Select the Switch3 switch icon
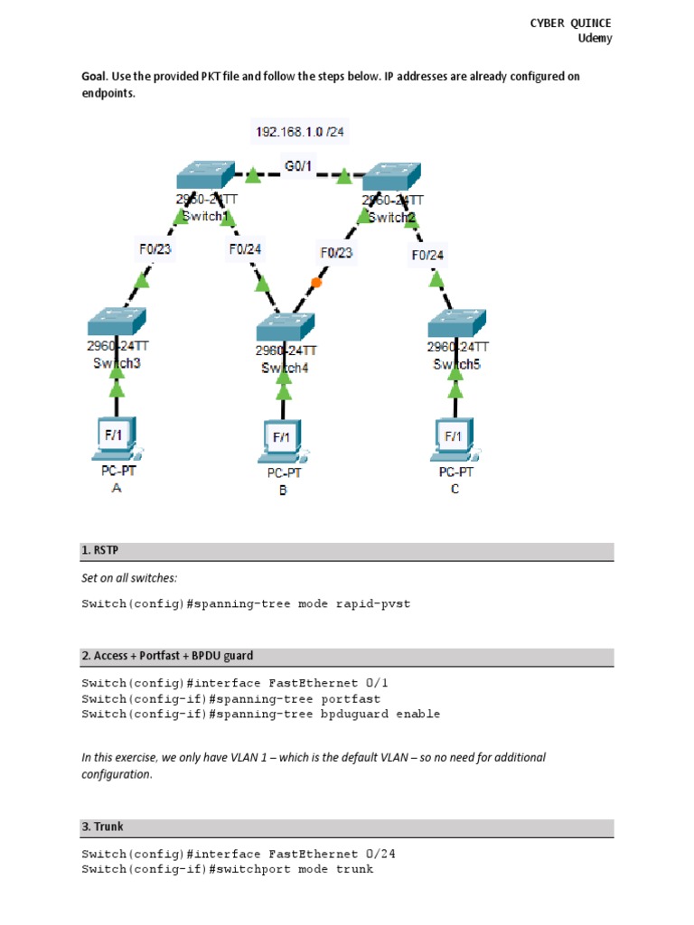(x=117, y=322)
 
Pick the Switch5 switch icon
(x=456, y=322)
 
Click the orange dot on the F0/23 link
(x=315, y=282)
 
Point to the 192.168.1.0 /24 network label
(x=299, y=132)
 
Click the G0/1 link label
(x=299, y=166)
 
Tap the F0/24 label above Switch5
(x=427, y=255)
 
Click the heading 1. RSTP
(x=100, y=550)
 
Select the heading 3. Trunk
(x=102, y=827)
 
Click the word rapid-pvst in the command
(x=377, y=603)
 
